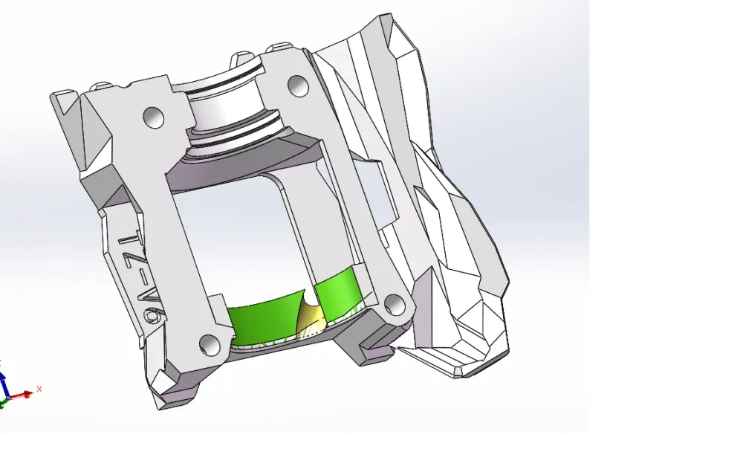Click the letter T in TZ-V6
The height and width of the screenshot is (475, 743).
point(131,242)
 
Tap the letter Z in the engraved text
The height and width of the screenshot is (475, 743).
point(137,271)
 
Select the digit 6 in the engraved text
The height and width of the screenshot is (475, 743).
point(154,318)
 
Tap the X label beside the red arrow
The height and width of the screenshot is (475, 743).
point(39,389)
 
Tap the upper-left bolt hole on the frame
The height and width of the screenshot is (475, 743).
point(153,117)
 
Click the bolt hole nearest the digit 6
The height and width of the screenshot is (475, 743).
point(210,343)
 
